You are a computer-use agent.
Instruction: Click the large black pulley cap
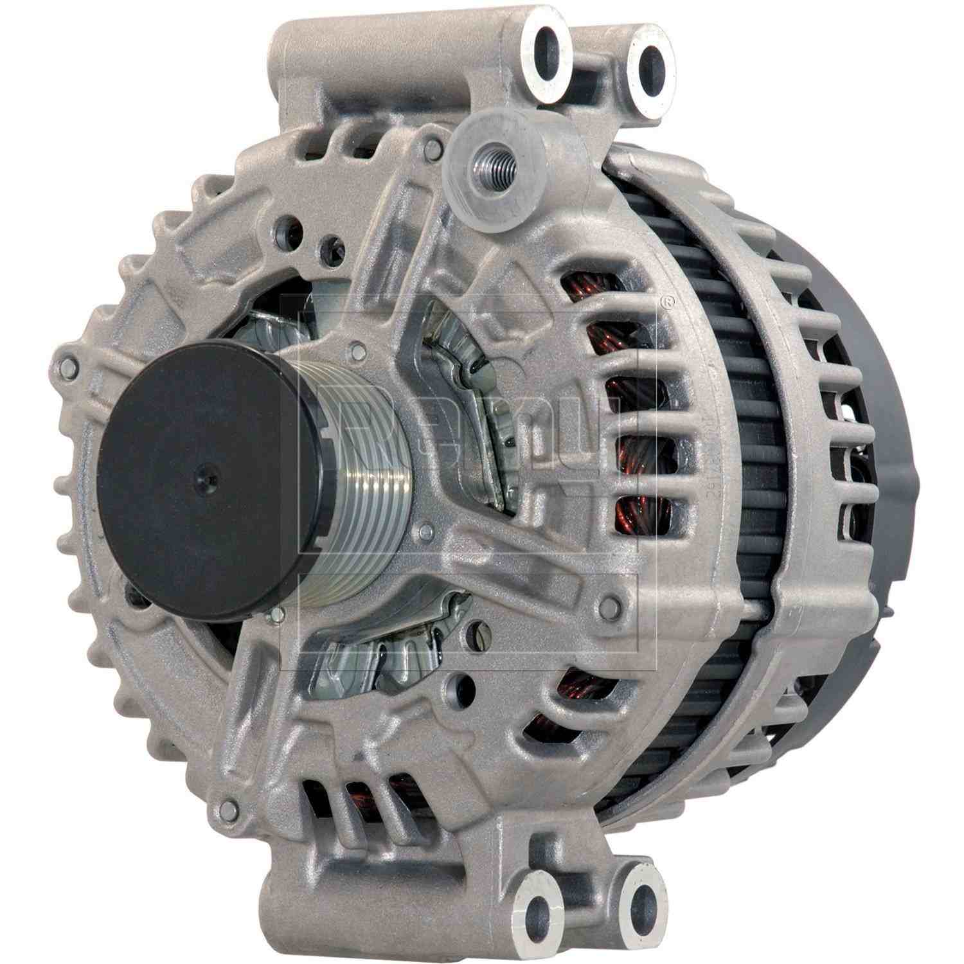(x=199, y=479)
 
